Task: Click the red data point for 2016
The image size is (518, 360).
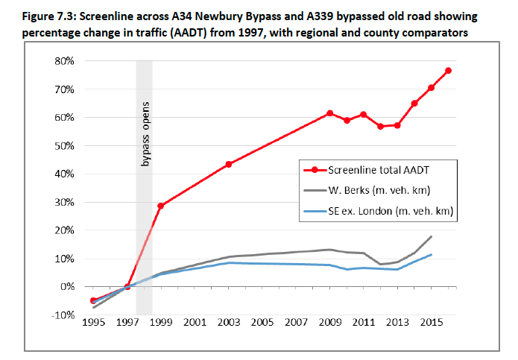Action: (x=449, y=71)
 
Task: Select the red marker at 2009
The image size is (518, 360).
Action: (x=329, y=113)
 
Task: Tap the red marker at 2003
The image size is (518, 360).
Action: (x=228, y=164)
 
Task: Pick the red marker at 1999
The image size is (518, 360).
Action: (x=160, y=206)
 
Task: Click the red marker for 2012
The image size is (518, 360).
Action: (x=380, y=127)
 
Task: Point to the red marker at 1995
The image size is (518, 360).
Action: (x=92, y=300)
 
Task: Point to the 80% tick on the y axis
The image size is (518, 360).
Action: (x=64, y=61)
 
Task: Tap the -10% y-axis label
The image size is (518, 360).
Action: (x=63, y=315)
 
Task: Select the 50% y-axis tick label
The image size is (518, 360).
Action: (x=64, y=145)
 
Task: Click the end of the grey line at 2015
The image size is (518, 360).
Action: (x=432, y=236)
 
